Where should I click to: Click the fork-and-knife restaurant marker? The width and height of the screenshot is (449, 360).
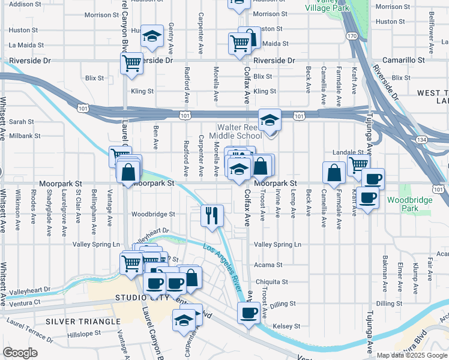coord(211,215)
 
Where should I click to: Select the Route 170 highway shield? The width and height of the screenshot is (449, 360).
coord(352,36)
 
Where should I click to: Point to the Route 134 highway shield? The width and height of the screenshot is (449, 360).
coord(439,140)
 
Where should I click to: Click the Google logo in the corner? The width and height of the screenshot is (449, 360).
coord(20,353)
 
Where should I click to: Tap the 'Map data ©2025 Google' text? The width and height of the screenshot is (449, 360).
coord(412,355)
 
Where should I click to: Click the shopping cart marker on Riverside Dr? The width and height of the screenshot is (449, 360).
coord(131,63)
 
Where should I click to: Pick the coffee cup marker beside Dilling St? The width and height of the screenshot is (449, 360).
coord(249,312)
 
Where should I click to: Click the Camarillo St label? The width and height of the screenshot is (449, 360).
coord(405,61)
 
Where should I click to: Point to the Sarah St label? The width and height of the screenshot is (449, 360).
coord(21,121)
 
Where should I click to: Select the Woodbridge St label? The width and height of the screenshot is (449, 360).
coord(153,214)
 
